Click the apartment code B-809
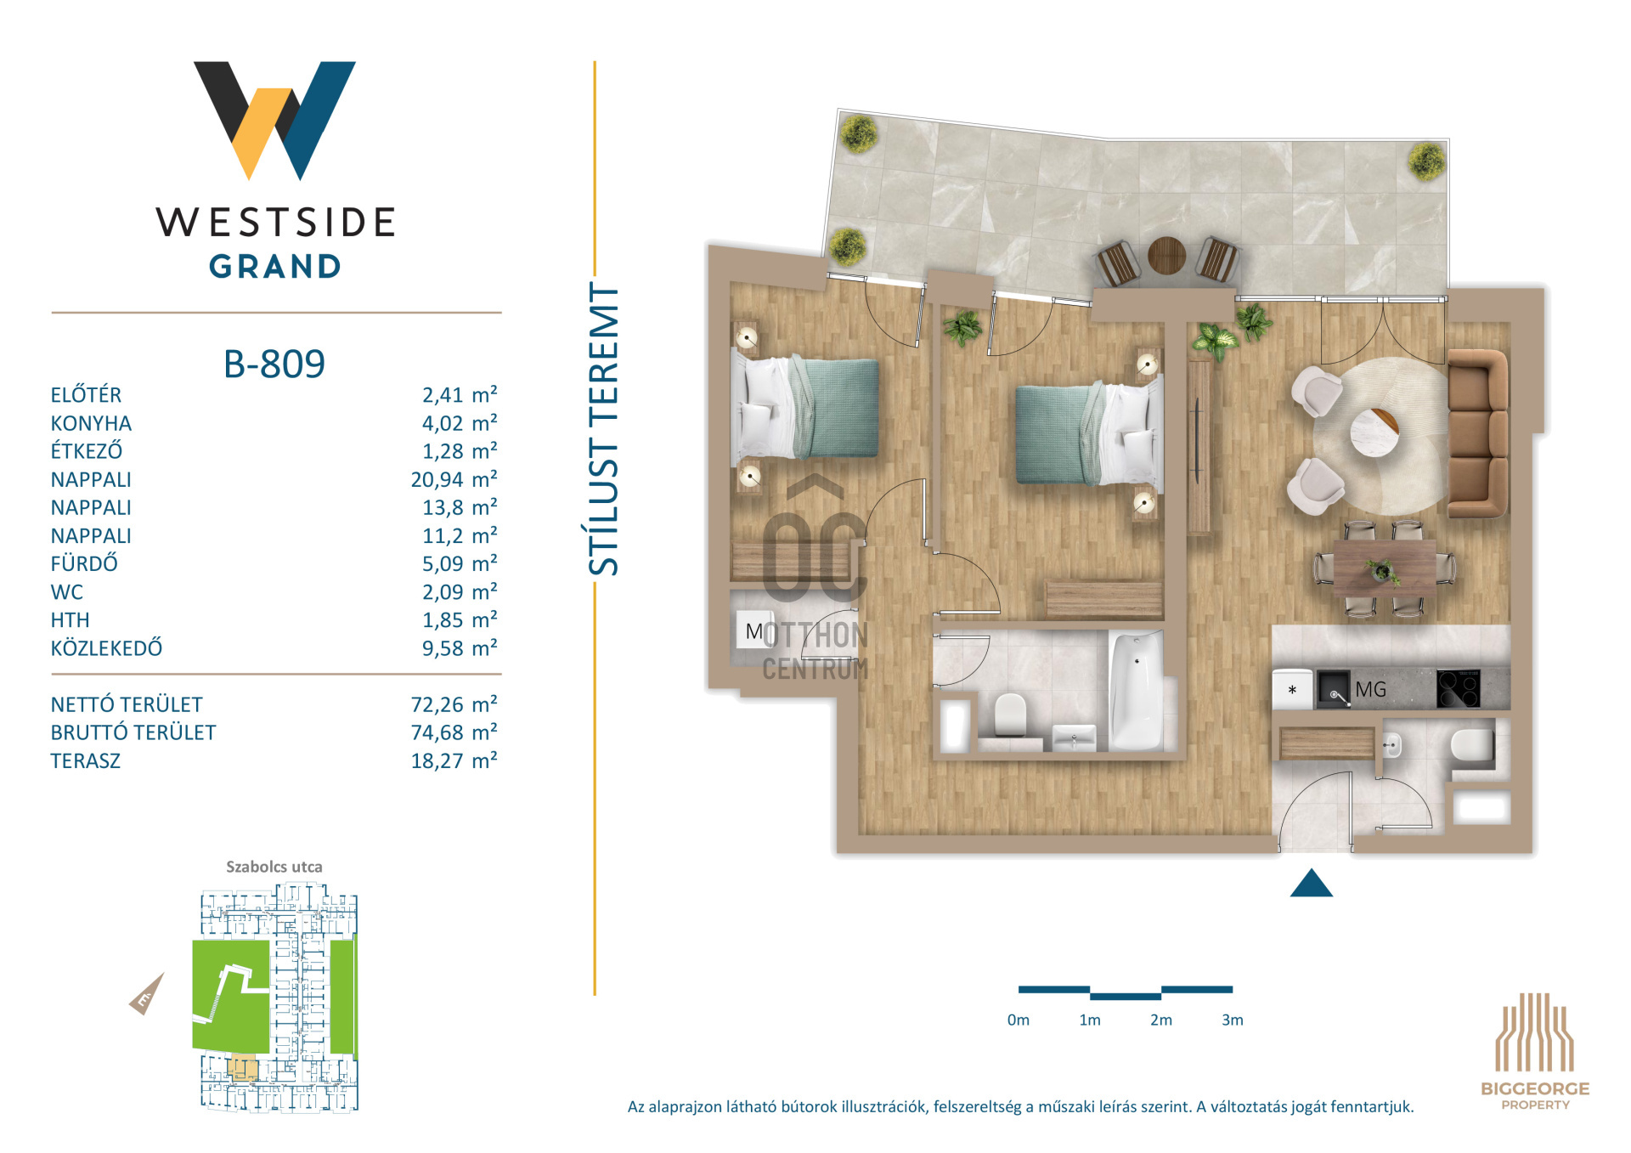click(274, 364)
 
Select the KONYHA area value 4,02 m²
click(460, 422)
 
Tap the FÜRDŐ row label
click(84, 563)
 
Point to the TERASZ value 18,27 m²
click(454, 760)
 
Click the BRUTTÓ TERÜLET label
click(133, 732)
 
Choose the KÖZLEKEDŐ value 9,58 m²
click(460, 648)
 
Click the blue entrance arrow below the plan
click(1311, 883)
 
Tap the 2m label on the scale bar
click(1160, 1020)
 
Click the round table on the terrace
click(1166, 255)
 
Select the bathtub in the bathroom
click(1136, 690)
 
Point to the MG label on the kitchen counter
click(1370, 689)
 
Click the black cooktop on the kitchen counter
click(1459, 688)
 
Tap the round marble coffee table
click(1374, 432)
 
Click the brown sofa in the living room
click(1478, 433)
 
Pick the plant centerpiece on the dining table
click(1382, 571)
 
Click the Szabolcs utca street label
click(274, 867)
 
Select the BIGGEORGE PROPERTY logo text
click(1535, 1095)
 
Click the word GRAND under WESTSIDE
click(275, 267)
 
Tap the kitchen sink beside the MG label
click(1334, 689)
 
